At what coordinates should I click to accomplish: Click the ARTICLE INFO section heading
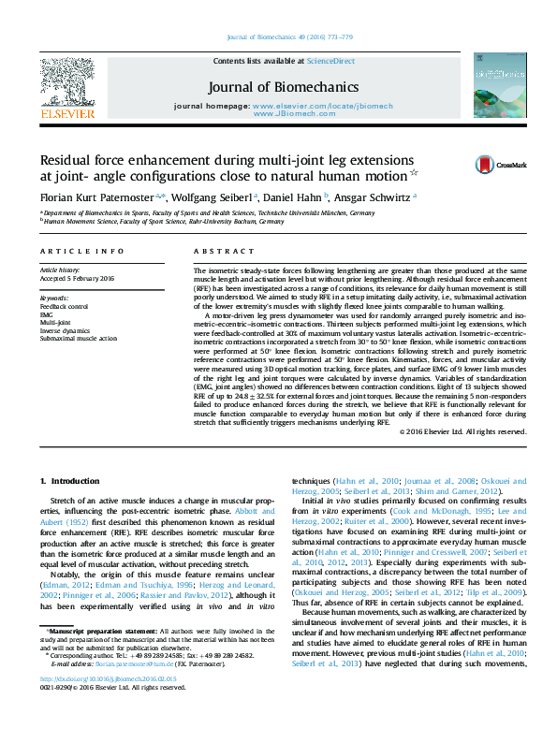coord(81,252)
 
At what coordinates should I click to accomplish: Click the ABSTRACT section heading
coord(216,252)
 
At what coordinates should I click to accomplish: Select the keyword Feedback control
coord(65,306)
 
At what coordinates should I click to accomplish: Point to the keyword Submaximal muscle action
coord(79,338)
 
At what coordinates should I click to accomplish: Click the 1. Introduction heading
coord(69,481)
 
